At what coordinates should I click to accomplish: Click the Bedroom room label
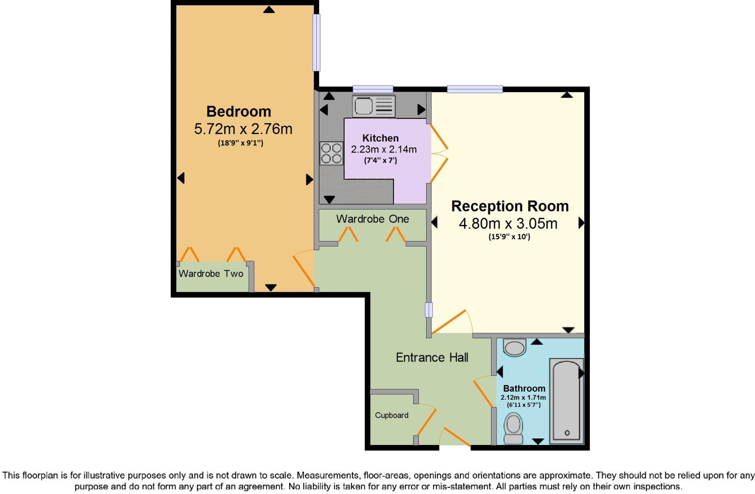tap(239, 112)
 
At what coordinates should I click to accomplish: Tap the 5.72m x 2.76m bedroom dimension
tap(243, 129)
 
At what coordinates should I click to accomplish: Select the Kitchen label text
tap(380, 138)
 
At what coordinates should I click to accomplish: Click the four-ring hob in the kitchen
tap(331, 153)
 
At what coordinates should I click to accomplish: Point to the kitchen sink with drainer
tap(373, 106)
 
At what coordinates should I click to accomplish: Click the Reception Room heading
tap(510, 206)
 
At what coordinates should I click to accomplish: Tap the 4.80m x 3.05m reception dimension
tap(508, 224)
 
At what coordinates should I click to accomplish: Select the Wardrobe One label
tap(372, 219)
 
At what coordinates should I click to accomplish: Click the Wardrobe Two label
tap(211, 274)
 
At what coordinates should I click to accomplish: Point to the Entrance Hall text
tap(432, 357)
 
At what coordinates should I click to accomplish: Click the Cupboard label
tap(392, 416)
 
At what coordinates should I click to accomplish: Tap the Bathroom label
tap(524, 389)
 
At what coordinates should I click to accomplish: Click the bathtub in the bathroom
tap(567, 402)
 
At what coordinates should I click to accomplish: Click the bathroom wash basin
tap(514, 347)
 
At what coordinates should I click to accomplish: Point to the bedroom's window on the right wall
tap(316, 42)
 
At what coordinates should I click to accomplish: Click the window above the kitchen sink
tap(373, 89)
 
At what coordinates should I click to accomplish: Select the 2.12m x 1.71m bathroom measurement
tap(523, 397)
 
